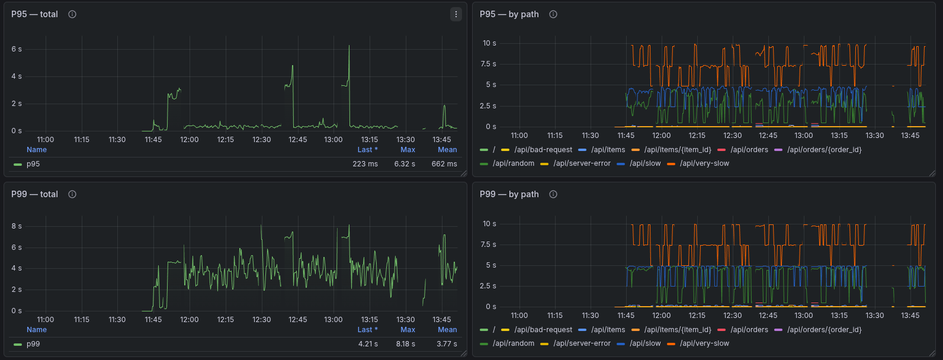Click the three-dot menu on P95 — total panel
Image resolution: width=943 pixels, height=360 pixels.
pyautogui.click(x=456, y=14)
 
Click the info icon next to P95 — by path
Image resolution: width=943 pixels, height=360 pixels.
pyautogui.click(x=553, y=14)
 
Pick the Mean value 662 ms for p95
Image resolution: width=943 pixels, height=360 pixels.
pyautogui.click(x=444, y=164)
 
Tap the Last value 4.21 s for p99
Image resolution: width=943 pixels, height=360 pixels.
pyautogui.click(x=368, y=344)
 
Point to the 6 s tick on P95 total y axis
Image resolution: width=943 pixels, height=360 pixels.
pyautogui.click(x=17, y=49)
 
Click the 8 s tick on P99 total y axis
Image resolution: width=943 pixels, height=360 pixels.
pyautogui.click(x=17, y=226)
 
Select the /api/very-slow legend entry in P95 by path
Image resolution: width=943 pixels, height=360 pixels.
pyautogui.click(x=704, y=163)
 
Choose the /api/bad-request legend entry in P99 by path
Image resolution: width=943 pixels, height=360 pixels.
pyautogui.click(x=543, y=330)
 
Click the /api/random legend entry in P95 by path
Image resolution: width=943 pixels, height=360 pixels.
pyautogui.click(x=513, y=163)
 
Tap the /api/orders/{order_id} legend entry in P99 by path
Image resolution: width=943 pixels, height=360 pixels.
pyautogui.click(x=824, y=330)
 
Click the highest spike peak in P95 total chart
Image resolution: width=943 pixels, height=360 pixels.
pyautogui.click(x=349, y=46)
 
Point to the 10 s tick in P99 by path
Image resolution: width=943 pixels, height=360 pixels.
pyautogui.click(x=489, y=224)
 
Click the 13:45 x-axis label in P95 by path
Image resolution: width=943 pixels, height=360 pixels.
pyautogui.click(x=910, y=136)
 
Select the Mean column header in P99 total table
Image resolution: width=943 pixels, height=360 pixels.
pyautogui.click(x=447, y=330)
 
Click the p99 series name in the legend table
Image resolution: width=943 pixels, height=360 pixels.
pyautogui.click(x=33, y=344)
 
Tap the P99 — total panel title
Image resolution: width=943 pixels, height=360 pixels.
pyautogui.click(x=34, y=194)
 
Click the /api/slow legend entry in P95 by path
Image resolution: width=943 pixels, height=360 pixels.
pyautogui.click(x=645, y=163)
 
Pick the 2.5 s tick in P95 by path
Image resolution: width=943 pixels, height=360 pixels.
pyautogui.click(x=488, y=106)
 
